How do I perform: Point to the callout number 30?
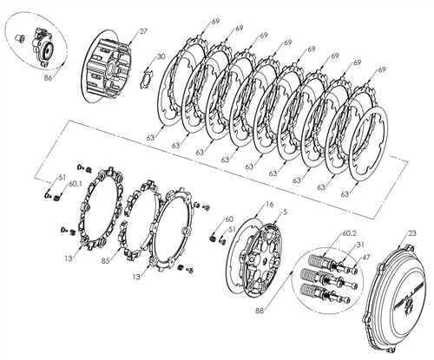tap(160, 56)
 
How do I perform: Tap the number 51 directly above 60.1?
tap(62, 175)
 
